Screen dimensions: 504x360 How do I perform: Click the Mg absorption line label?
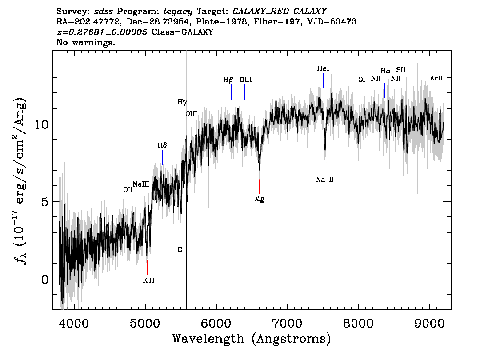click(260, 199)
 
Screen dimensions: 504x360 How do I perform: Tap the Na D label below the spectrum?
click(324, 180)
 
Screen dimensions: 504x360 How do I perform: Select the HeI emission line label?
click(323, 68)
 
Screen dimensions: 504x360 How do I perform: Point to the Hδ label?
click(162, 146)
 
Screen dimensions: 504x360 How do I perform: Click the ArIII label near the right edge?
click(438, 78)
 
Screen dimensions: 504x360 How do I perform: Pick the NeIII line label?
click(141, 184)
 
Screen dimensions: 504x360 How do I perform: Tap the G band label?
click(180, 250)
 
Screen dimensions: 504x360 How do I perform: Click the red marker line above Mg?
click(260, 186)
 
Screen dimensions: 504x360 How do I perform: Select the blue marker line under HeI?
click(324, 81)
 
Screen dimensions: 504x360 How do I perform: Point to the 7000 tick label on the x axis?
click(287, 324)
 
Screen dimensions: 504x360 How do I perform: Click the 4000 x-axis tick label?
click(74, 324)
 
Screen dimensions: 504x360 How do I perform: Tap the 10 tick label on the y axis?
click(41, 124)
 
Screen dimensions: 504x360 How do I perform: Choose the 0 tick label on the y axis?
click(45, 279)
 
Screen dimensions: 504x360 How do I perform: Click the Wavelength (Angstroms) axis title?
click(252, 339)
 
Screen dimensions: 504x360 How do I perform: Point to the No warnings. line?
click(85, 42)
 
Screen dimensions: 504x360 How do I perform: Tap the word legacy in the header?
click(178, 12)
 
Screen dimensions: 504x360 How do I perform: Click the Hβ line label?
click(228, 80)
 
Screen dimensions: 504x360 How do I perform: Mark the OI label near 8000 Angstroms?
click(362, 80)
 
